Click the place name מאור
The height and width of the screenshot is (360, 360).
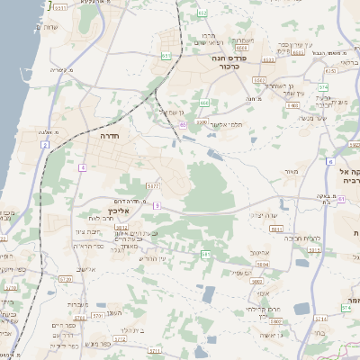click(x=289, y=170)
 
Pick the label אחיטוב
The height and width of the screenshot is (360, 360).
click(x=260, y=254)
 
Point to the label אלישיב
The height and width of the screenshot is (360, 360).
click(x=85, y=269)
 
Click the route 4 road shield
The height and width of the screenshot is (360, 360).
click(x=82, y=167)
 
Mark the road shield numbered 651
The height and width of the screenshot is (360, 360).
click(x=166, y=56)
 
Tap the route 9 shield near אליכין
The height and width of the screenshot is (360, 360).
click(x=156, y=205)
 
